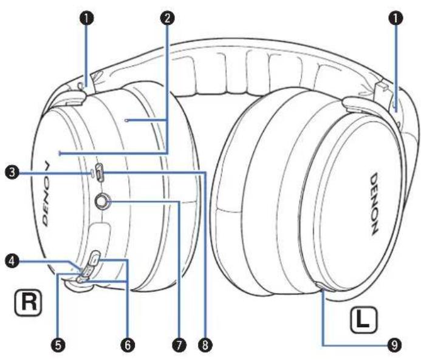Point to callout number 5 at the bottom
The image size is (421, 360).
pos(59,344)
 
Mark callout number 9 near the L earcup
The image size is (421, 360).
pos(395,344)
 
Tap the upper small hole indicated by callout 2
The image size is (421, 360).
pos(126,121)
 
